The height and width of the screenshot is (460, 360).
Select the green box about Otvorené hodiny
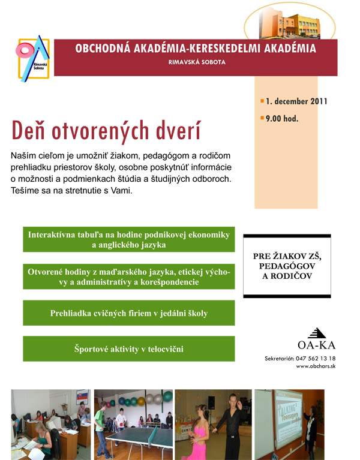[x=129, y=276]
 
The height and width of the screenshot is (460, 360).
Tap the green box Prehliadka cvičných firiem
[x=129, y=313]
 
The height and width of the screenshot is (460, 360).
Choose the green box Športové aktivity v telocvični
[x=129, y=348]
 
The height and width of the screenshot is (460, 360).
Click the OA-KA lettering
[x=316, y=344]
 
